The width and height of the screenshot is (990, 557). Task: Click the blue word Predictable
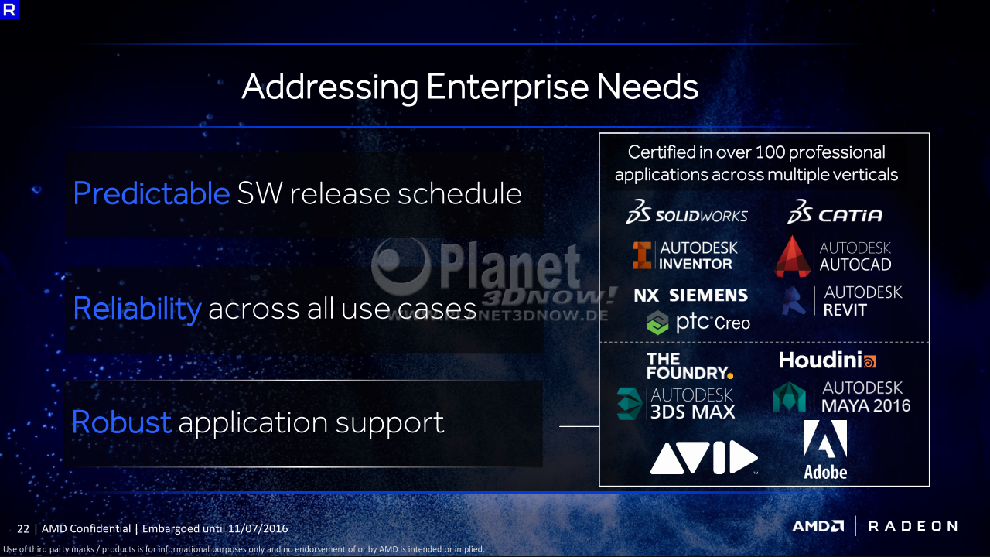coord(151,193)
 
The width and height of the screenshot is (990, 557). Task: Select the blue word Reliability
coord(137,308)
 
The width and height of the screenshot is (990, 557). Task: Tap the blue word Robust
coord(121,422)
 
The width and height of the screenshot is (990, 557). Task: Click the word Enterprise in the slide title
coord(507,87)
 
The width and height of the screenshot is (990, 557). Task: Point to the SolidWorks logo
coord(687,212)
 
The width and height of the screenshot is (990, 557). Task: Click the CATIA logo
coord(835,212)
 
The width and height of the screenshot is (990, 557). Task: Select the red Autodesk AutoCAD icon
coord(793,256)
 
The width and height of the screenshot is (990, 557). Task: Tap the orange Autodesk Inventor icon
coord(642,255)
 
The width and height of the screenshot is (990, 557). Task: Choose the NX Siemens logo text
coord(691,295)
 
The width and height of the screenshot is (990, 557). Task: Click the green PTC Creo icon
coord(657,323)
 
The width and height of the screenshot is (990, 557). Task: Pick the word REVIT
coord(845,310)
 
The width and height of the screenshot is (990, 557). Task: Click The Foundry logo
coord(689,366)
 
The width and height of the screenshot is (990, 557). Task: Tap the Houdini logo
coord(828,361)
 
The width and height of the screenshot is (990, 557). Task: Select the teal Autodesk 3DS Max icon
coord(630,404)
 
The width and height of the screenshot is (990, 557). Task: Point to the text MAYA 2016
coord(865,405)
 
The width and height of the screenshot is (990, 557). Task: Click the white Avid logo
coord(704,457)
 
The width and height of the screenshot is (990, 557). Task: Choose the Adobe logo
coord(825,449)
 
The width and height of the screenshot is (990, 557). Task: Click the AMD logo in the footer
coord(818,526)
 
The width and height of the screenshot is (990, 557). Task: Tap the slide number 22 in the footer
coord(23,528)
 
